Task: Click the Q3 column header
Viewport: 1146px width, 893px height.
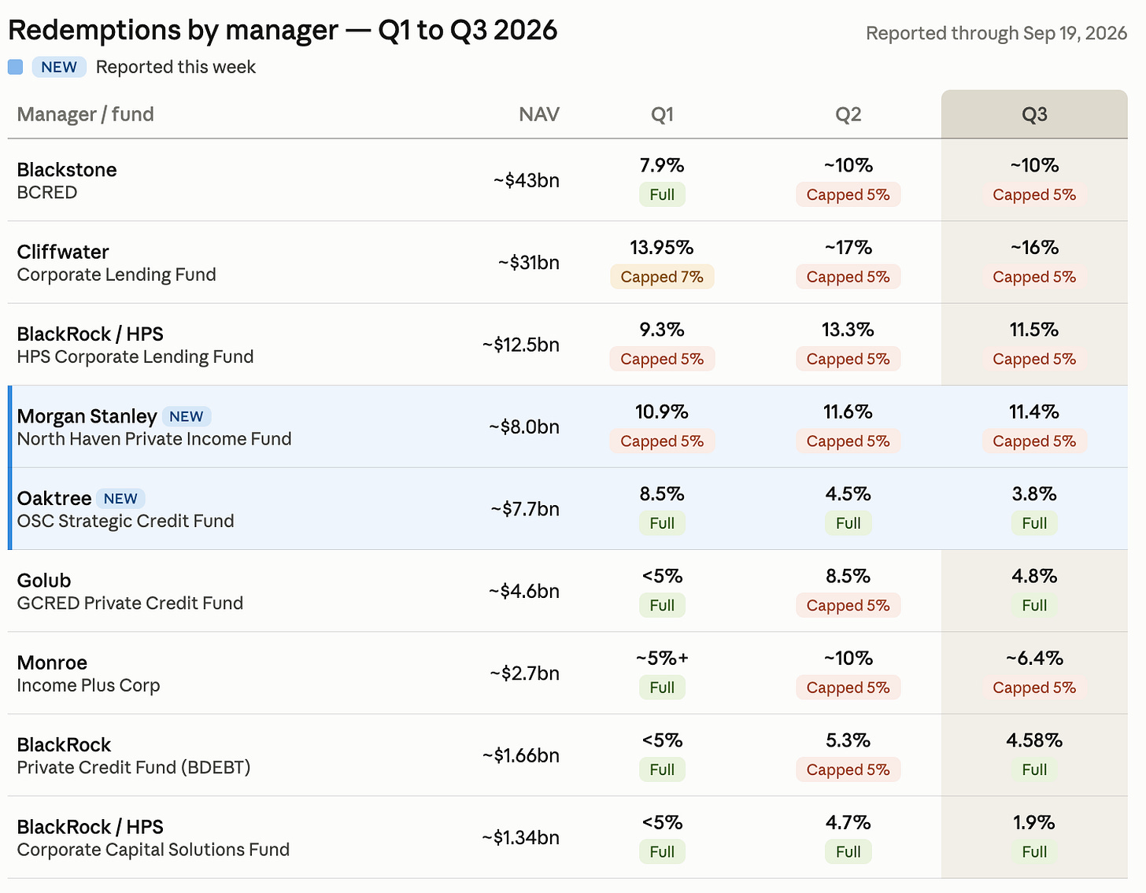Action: click(1033, 114)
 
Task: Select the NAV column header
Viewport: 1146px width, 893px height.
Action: click(538, 114)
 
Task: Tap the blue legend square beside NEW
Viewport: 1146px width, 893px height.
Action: click(15, 67)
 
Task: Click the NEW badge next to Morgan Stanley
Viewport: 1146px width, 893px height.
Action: click(187, 416)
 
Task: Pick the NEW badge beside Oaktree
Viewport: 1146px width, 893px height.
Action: click(120, 499)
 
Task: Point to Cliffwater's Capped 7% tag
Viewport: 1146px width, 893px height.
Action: click(662, 277)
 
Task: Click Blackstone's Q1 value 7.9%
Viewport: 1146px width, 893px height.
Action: click(662, 165)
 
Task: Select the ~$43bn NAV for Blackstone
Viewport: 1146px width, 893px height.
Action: click(527, 180)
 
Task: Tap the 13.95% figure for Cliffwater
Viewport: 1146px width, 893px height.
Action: click(662, 248)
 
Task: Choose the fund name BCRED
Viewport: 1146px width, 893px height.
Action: click(47, 193)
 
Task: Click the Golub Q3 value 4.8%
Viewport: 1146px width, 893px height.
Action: click(1033, 576)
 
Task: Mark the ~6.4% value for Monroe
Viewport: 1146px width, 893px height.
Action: click(1033, 659)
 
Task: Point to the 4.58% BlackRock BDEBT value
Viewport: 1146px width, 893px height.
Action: click(1033, 740)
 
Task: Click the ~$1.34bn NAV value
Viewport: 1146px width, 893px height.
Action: click(520, 838)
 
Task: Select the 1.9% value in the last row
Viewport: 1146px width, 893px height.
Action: click(1033, 823)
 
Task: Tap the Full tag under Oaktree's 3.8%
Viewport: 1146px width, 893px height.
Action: click(1033, 523)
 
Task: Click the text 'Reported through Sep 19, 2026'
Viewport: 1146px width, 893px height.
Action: click(996, 33)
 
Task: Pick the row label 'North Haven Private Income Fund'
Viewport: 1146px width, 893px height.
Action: click(154, 439)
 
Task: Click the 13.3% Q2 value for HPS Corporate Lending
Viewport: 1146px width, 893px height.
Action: click(848, 330)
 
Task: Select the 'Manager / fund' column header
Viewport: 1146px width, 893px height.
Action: click(86, 114)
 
